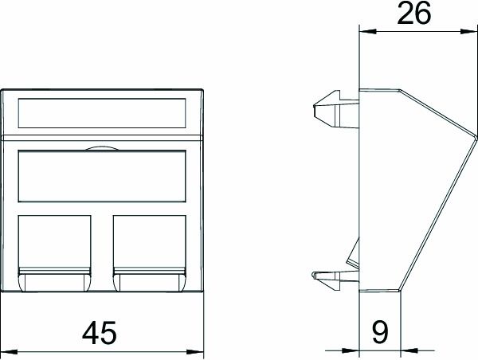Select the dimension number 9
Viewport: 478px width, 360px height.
tap(379, 331)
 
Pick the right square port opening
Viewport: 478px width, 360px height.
tap(150, 240)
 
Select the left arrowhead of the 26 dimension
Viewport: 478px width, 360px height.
tap(363, 32)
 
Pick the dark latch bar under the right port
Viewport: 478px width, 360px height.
tap(150, 280)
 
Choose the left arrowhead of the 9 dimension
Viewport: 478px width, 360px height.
tap(355, 349)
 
